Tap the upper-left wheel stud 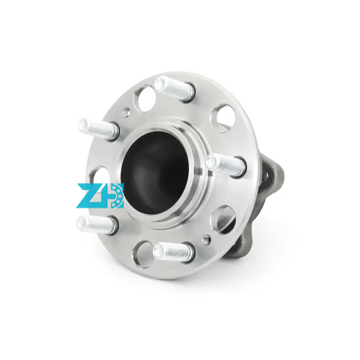(98, 129)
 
